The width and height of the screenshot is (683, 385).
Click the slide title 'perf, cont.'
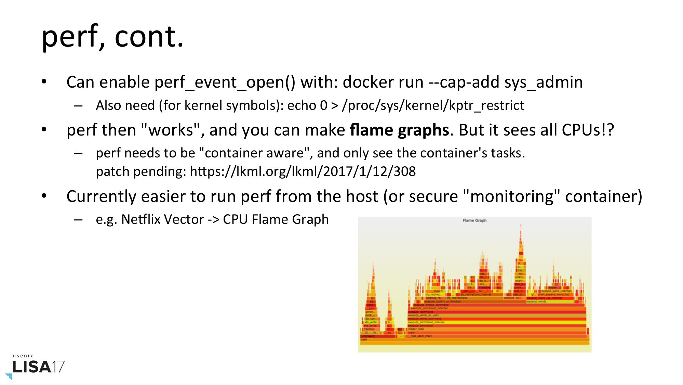click(112, 37)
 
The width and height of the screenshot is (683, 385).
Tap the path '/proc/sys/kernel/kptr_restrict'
click(433, 105)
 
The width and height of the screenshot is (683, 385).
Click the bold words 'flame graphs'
click(399, 130)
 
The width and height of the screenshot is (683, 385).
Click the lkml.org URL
click(303, 171)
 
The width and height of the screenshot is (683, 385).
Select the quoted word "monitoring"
click(511, 196)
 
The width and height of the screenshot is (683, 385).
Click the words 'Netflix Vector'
click(162, 219)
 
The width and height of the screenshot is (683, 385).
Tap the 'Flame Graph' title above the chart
click(474, 221)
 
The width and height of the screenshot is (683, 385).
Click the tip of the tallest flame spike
click(521, 226)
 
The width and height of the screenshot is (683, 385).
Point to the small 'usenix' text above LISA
click(23, 356)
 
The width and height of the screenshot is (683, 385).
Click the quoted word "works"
click(170, 130)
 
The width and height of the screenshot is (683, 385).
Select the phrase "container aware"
click(255, 153)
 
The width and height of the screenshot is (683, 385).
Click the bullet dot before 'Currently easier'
click(44, 196)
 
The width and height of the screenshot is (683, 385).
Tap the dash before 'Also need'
click(78, 106)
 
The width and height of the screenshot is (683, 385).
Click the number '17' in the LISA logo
click(58, 367)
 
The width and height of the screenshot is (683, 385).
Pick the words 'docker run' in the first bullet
click(383, 82)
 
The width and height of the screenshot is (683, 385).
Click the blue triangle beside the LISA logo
click(9, 376)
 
